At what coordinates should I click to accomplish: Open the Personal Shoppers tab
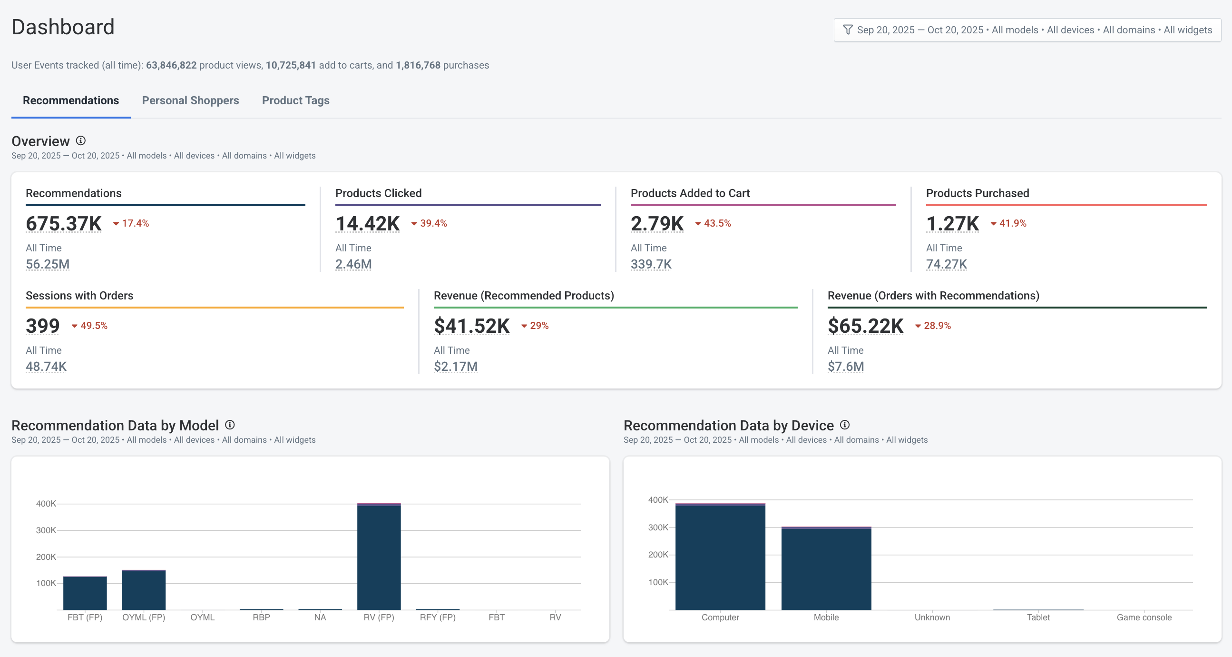tap(190, 100)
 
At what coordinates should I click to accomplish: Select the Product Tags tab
tap(295, 100)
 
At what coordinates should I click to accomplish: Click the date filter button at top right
tap(1027, 30)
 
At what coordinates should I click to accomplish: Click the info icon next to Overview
tap(81, 140)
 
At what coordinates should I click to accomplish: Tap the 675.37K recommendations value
tap(64, 223)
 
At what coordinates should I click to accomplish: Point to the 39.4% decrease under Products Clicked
tap(430, 223)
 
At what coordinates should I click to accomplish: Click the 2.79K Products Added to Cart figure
tap(656, 223)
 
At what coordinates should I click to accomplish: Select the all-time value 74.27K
tap(946, 264)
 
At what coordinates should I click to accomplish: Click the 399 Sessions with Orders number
tap(42, 326)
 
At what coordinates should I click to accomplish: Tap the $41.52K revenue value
tap(471, 326)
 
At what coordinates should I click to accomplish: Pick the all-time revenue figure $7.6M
tap(846, 367)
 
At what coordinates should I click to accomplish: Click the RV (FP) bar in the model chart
tap(379, 557)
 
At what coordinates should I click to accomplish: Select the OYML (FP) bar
tap(144, 590)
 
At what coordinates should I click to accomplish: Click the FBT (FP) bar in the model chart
tap(85, 593)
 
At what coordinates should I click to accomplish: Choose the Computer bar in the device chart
tap(720, 557)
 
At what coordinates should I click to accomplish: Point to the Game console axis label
tap(1144, 617)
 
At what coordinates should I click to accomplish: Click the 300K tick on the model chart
tap(46, 530)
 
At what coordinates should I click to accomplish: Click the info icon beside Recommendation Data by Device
tap(845, 425)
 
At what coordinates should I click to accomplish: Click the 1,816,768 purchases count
tap(418, 65)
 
